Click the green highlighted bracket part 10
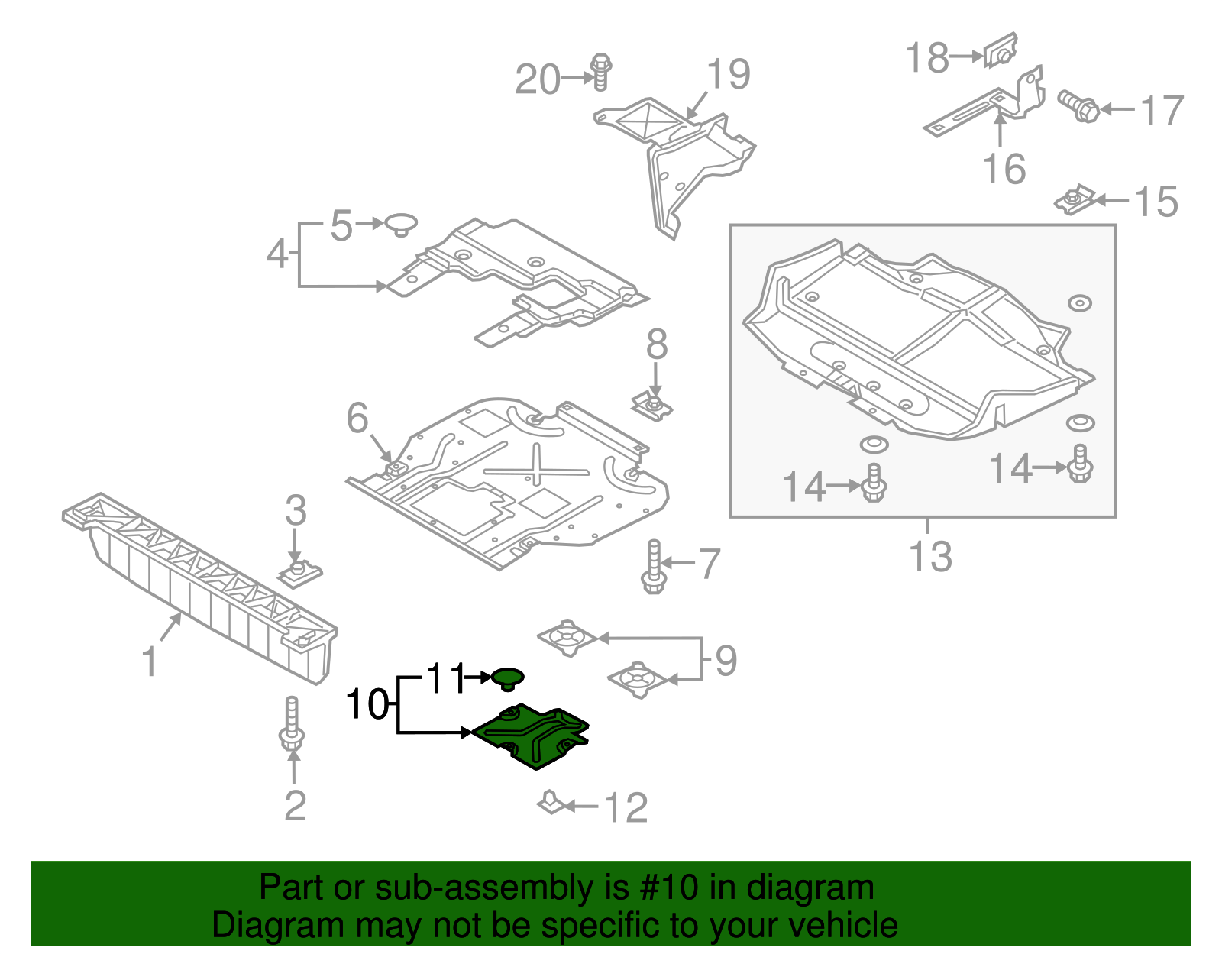point(535,736)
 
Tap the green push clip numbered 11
point(508,678)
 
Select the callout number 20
point(538,79)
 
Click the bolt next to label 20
point(601,72)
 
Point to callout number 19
point(728,74)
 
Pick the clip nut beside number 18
point(1001,51)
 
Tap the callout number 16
point(1004,169)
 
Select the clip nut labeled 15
point(1073,201)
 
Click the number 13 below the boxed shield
point(930,557)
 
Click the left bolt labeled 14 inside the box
point(874,483)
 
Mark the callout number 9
point(726,661)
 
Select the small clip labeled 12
point(551,804)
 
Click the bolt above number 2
point(292,724)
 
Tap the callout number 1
point(150,661)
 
